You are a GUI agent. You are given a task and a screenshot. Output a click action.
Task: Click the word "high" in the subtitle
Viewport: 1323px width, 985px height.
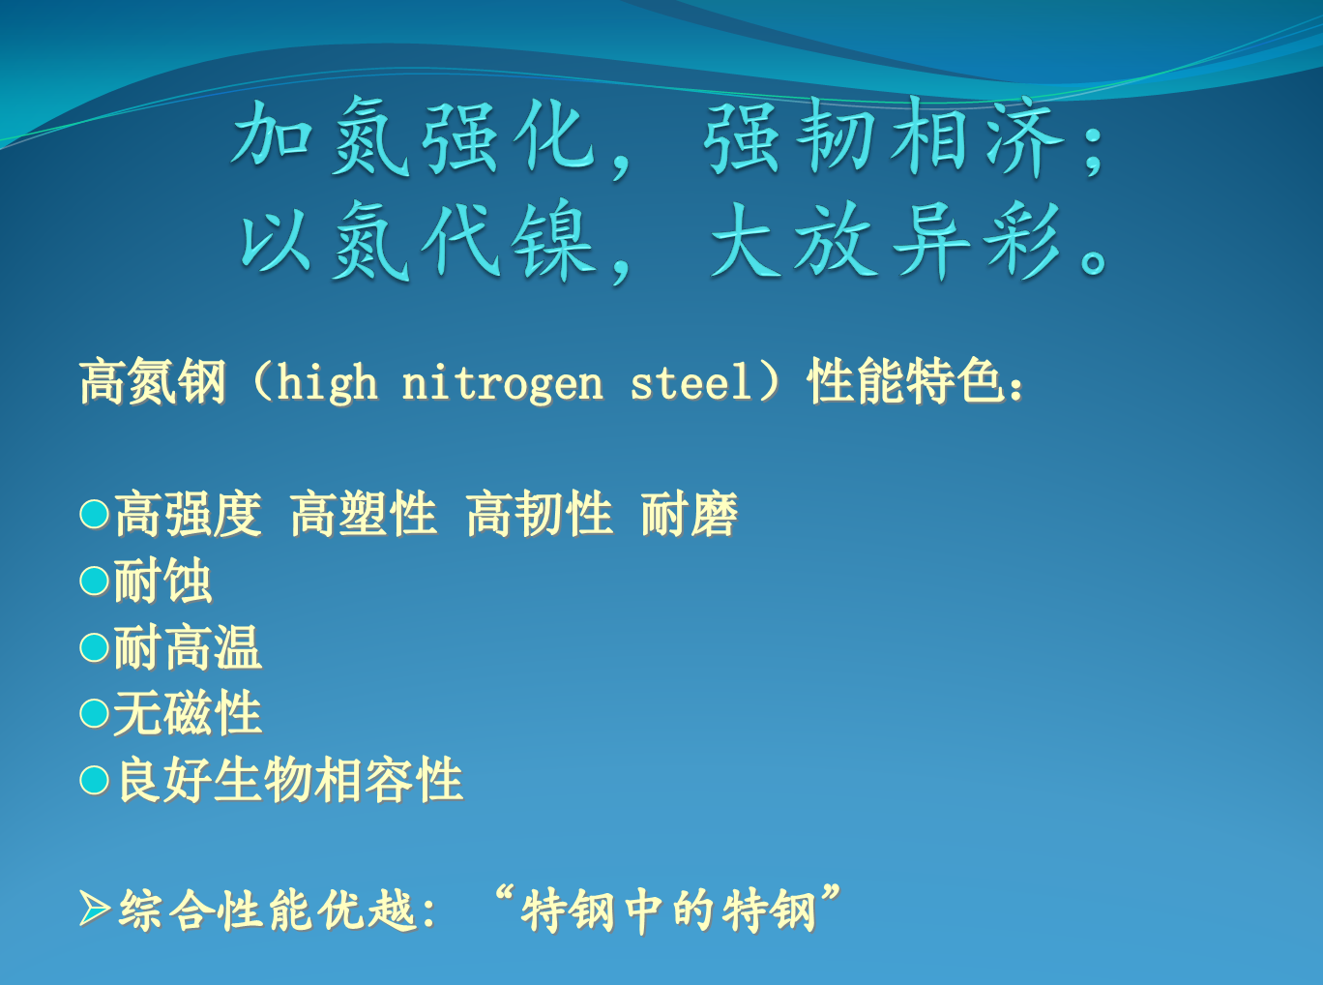pos(327,383)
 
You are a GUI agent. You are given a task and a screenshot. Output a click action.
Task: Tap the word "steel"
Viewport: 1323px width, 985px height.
pos(691,382)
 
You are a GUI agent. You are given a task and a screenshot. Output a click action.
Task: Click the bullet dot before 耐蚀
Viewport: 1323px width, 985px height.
pos(94,581)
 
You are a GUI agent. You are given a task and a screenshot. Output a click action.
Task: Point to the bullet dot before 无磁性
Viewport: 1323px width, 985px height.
pos(94,713)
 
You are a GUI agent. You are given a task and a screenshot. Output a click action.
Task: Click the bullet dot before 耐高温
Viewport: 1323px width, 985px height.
pos(94,647)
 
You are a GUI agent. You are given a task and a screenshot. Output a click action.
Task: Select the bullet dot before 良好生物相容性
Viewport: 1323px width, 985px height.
pos(94,780)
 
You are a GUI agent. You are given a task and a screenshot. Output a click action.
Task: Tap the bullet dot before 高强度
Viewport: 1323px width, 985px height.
pos(94,515)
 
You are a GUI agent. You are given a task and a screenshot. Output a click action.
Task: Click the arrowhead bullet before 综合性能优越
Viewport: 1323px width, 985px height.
pos(94,910)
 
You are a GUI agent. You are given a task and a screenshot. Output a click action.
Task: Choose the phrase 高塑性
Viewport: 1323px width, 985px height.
pos(364,514)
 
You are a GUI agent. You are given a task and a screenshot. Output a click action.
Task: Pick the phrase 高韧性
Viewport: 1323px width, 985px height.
pos(540,514)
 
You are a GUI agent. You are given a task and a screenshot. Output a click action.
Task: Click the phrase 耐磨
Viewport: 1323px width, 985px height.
pos(690,514)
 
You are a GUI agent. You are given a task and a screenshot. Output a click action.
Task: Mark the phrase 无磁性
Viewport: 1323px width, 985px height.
pos(188,713)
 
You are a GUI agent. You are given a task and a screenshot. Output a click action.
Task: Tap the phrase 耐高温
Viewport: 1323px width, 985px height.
pos(188,647)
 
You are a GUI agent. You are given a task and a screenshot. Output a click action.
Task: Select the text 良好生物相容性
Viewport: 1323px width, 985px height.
pos(290,780)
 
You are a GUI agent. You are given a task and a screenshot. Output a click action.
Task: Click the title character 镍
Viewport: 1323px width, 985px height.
pos(554,241)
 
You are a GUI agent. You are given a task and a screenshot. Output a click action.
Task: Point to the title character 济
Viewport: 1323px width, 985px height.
pos(1024,137)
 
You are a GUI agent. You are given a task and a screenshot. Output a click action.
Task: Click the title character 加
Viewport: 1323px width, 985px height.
pos(272,134)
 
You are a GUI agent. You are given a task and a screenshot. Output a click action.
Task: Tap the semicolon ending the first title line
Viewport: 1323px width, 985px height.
pos(1094,149)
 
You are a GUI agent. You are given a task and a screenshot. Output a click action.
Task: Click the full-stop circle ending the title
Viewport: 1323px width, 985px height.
pos(1094,261)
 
